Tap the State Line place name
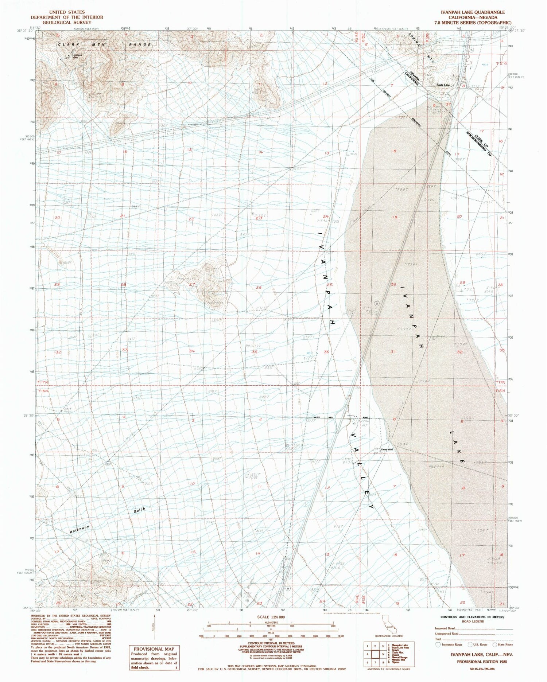(443, 85)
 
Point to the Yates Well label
(387, 449)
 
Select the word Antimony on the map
(79, 530)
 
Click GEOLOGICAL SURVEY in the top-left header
(67, 22)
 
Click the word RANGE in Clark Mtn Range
(139, 44)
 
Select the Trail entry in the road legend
(438, 639)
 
